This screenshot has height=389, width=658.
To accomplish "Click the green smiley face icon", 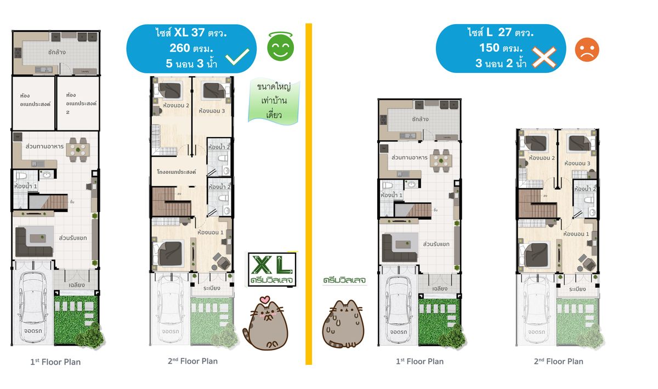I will point(280,47).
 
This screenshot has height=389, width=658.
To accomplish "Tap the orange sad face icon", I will point(587,50).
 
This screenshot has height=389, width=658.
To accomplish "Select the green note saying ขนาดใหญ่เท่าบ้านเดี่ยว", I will point(273,101).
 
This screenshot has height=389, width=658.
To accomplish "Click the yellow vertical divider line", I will point(308,192).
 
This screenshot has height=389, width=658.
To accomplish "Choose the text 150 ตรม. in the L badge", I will point(500,48).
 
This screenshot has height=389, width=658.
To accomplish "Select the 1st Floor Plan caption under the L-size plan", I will point(419,361).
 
